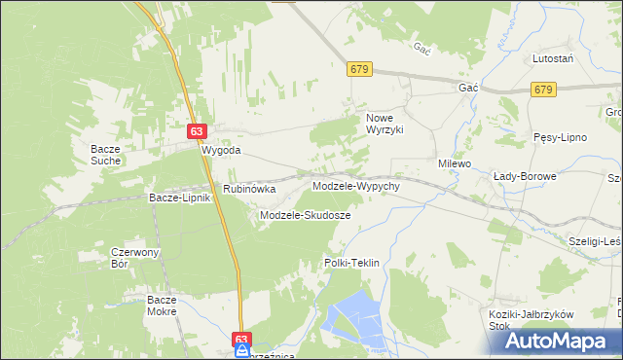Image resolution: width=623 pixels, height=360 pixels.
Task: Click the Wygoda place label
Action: click(x=220, y=152)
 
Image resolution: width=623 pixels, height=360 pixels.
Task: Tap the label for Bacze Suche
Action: click(x=104, y=153)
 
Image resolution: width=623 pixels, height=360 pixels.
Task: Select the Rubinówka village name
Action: click(x=249, y=189)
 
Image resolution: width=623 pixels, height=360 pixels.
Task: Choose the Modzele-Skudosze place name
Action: click(x=305, y=214)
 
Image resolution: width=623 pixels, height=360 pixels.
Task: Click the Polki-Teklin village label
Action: click(x=350, y=263)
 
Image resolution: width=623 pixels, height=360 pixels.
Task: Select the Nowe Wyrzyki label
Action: click(x=384, y=124)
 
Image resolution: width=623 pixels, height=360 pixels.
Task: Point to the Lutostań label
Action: click(x=552, y=58)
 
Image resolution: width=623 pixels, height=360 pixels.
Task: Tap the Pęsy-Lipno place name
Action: click(x=560, y=137)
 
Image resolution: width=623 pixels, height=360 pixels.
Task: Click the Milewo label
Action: click(x=455, y=163)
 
